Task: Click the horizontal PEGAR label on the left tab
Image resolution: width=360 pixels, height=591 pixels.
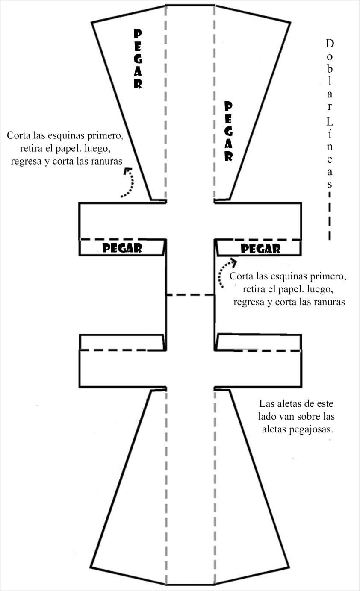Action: click(122, 248)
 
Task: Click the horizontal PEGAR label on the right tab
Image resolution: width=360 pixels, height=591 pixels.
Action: click(261, 249)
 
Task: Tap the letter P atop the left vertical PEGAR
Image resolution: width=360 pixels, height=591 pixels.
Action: click(138, 33)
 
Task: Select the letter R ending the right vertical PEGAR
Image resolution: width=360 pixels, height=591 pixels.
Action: click(229, 156)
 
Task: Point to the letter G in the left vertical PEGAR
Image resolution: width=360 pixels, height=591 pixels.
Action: click(138, 59)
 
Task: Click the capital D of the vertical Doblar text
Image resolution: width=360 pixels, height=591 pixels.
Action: click(330, 44)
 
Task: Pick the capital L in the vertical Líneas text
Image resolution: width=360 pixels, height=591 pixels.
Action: click(330, 122)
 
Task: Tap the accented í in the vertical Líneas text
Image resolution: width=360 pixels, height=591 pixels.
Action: click(330, 134)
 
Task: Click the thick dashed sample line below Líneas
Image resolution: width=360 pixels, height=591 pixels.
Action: click(330, 216)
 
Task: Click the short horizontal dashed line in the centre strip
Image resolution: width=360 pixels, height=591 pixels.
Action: click(190, 294)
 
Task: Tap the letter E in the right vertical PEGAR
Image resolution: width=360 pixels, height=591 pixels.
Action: click(229, 119)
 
